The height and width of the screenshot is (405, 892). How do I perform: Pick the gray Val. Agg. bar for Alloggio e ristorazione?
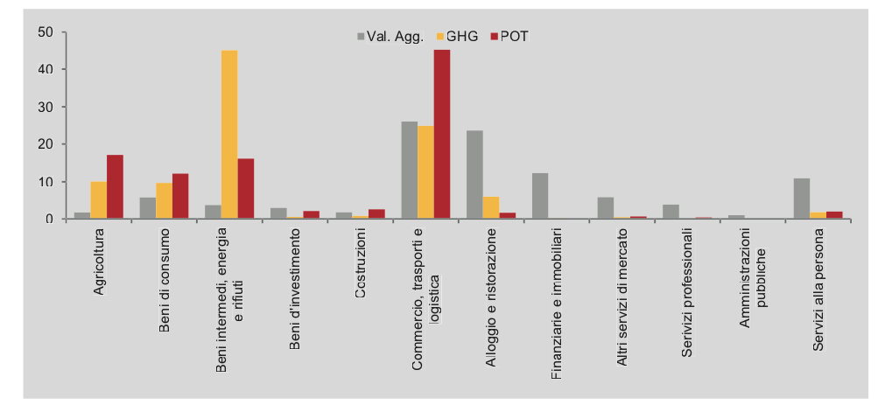click(474, 175)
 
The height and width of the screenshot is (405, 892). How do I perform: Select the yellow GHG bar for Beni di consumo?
click(164, 201)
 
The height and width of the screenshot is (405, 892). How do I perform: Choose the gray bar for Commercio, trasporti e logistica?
click(409, 171)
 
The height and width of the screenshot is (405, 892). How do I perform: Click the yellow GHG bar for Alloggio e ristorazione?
click(491, 208)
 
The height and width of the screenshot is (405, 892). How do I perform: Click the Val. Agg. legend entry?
click(389, 36)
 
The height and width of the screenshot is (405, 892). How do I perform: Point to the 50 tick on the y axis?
click(46, 32)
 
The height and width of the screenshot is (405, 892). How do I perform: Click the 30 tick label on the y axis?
click(46, 107)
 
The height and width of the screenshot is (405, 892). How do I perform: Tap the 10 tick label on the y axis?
click(46, 182)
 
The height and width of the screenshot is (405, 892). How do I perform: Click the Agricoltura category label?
click(99, 262)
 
